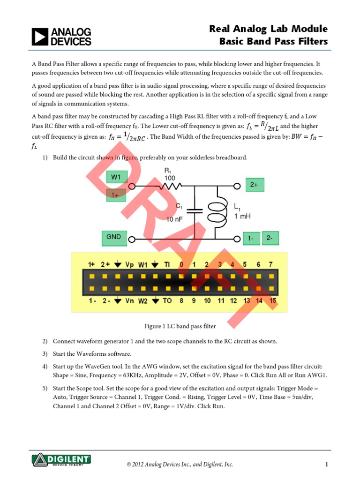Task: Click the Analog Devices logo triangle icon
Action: [x=40, y=37]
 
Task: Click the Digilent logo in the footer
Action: [x=61, y=459]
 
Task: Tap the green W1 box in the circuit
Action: [x=116, y=177]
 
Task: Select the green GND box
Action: [x=114, y=238]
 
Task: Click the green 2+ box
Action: [x=254, y=185]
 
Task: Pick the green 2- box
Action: [x=270, y=239]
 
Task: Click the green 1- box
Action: [x=251, y=239]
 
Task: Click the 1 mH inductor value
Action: [x=242, y=217]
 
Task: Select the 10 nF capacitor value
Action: [x=175, y=219]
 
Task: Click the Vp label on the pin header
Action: [x=129, y=265]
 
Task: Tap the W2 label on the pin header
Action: [x=143, y=301]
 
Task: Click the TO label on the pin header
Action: [x=167, y=301]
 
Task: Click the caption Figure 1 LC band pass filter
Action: [x=180, y=326]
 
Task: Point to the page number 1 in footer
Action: [x=326, y=465]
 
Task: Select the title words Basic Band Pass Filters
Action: [x=274, y=42]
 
